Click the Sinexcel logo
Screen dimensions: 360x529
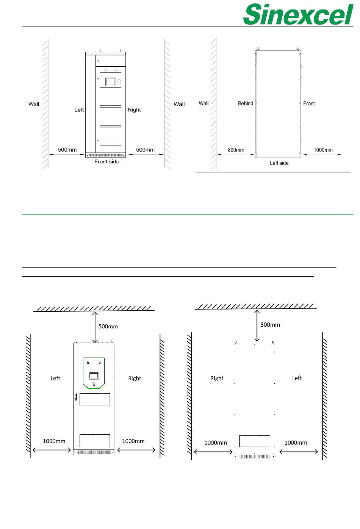[298, 14]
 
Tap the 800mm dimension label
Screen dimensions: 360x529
[236, 150]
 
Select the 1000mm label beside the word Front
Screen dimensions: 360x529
[323, 150]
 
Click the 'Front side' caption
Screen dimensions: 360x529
[107, 161]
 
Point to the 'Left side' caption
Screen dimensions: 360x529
[279, 163]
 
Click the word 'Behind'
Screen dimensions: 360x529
[246, 103]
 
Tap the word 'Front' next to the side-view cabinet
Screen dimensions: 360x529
[309, 103]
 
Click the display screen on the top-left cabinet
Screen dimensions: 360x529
[110, 82]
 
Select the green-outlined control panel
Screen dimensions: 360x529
[94, 373]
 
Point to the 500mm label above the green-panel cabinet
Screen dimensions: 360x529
[108, 326]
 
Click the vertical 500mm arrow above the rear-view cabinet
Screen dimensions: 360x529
[257, 326]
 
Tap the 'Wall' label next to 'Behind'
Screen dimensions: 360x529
[203, 103]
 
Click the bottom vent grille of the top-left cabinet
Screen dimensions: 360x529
[106, 155]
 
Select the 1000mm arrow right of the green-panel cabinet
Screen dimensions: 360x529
[136, 450]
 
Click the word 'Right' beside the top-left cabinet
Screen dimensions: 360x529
[134, 110]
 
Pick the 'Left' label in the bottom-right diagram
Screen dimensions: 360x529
[297, 378]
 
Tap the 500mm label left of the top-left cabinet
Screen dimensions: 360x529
[67, 150]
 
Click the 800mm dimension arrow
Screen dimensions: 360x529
[235, 155]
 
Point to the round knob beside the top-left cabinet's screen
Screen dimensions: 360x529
[119, 82]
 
